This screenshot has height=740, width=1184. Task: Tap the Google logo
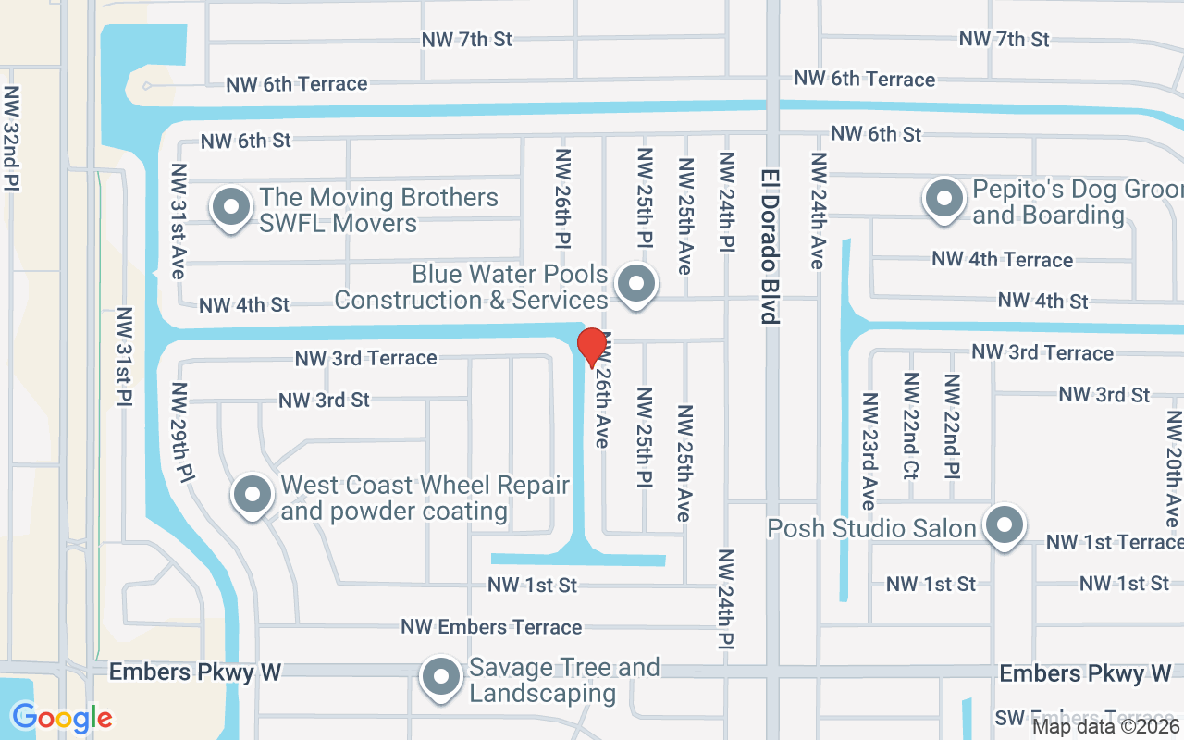(x=62, y=718)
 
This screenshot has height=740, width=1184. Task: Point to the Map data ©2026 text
(x=1106, y=727)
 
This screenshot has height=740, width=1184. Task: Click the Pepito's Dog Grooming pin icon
(x=944, y=199)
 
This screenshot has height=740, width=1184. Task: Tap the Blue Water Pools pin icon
(x=635, y=284)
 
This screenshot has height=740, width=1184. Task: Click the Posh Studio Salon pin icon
(x=1004, y=525)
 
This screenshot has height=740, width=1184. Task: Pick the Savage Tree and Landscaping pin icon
(x=441, y=676)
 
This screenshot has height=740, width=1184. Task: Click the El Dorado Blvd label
(x=769, y=246)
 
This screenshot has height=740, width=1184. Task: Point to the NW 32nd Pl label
(x=12, y=138)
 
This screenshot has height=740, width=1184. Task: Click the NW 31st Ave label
(x=179, y=221)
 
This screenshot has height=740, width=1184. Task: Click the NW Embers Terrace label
(x=491, y=627)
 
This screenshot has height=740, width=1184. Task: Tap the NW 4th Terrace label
(x=1003, y=260)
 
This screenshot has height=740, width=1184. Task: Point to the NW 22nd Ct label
(x=911, y=425)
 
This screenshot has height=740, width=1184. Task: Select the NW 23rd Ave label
(x=869, y=450)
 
